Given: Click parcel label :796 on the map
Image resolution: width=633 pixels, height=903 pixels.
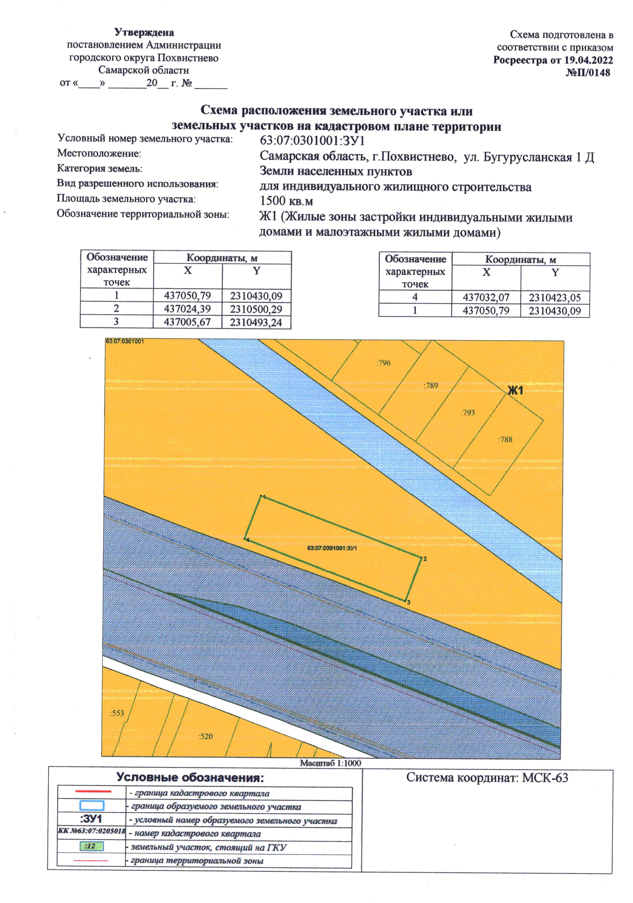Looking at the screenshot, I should (383, 363).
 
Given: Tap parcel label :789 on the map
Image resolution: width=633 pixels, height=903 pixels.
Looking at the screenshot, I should (430, 386).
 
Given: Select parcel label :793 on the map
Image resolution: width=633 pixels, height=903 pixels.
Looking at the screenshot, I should (468, 413).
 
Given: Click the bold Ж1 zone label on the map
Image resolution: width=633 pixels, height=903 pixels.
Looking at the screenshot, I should (515, 391).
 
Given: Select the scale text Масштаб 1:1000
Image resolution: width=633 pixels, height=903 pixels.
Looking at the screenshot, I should (330, 763).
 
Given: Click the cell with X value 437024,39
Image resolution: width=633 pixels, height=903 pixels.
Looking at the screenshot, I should (187, 309).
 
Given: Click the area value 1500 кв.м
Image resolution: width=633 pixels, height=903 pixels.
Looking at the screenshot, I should (286, 201).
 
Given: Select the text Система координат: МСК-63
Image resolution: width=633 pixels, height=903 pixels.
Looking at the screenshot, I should (487, 778).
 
